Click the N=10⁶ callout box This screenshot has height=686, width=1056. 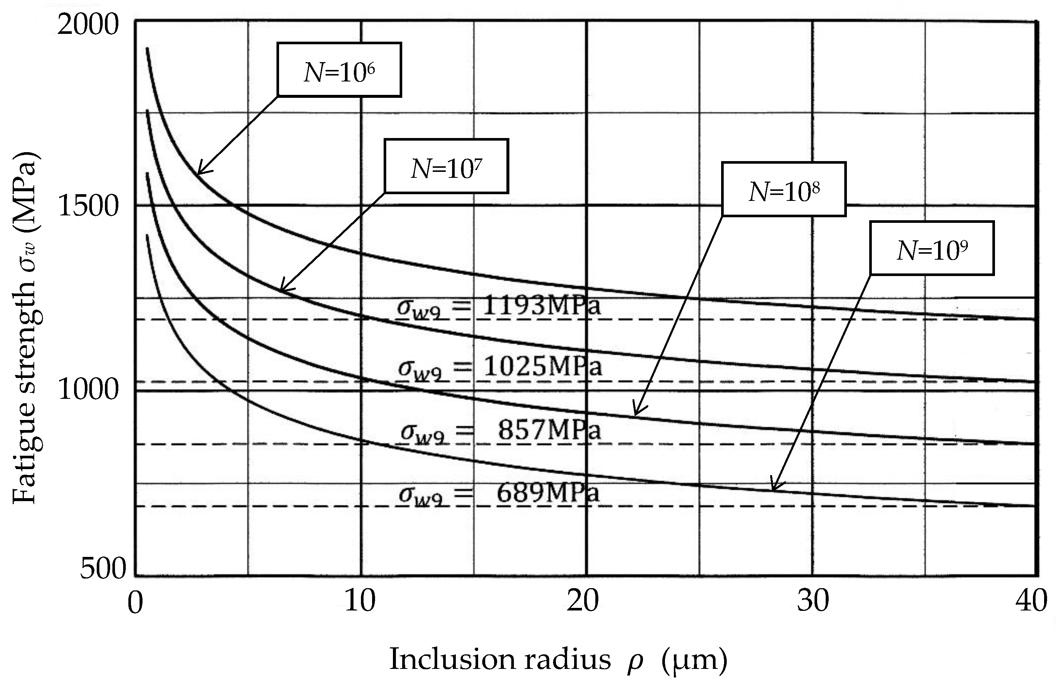pyautogui.click(x=339, y=70)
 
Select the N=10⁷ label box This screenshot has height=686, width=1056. pyautogui.click(x=447, y=166)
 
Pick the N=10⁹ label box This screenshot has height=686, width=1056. pyautogui.click(x=932, y=249)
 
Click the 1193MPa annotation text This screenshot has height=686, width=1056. pyautogui.click(x=541, y=306)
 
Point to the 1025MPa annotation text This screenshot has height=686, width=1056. pyautogui.click(x=542, y=367)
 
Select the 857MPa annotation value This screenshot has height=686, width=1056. pyautogui.click(x=549, y=430)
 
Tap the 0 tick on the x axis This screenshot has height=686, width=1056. pyautogui.click(x=135, y=603)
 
